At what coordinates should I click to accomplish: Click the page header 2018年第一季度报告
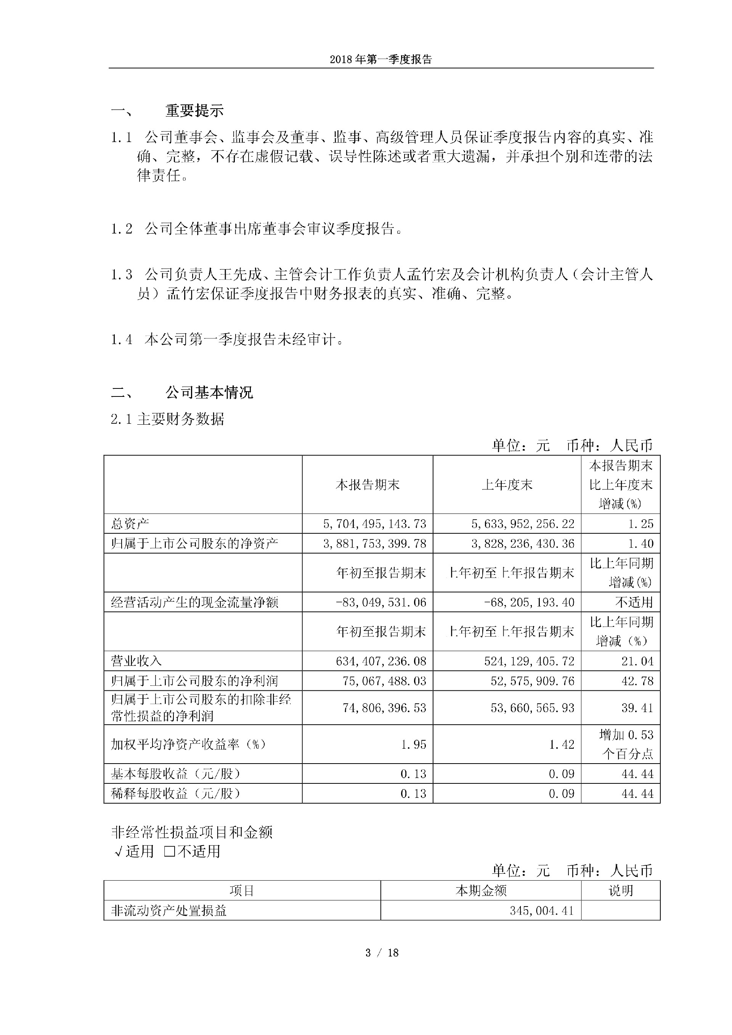(381, 59)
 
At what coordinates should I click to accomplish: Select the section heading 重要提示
(194, 111)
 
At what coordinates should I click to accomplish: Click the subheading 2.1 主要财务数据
(167, 419)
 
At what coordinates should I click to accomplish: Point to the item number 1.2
(122, 229)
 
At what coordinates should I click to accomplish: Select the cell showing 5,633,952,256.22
(523, 524)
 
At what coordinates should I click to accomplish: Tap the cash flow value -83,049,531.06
(381, 602)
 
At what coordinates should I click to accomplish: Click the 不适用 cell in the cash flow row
(634, 602)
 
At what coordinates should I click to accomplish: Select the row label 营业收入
(136, 661)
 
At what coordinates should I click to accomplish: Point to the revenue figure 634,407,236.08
(381, 661)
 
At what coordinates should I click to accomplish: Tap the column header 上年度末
(507, 485)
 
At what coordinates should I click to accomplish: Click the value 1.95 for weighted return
(413, 744)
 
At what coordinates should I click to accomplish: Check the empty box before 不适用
(170, 852)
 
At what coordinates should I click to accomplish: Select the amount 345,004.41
(542, 911)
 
